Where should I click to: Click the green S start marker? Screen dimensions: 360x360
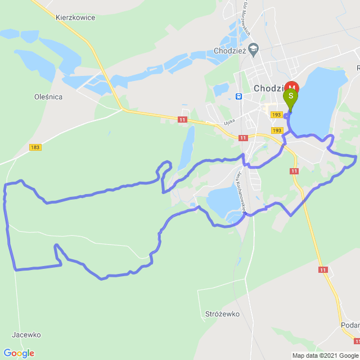pyautogui.click(x=291, y=96)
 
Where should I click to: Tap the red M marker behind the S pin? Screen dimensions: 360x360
pyautogui.click(x=291, y=87)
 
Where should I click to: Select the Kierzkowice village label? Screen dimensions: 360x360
pyautogui.click(x=75, y=17)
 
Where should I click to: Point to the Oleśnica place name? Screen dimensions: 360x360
pyautogui.click(x=48, y=97)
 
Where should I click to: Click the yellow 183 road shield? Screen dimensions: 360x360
pyautogui.click(x=35, y=147)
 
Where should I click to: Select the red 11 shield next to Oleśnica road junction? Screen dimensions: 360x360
pyautogui.click(x=182, y=120)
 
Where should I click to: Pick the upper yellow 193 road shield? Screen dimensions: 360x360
pyautogui.click(x=276, y=115)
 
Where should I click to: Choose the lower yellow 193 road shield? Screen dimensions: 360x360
pyautogui.click(x=276, y=130)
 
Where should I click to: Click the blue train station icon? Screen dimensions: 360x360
pyautogui.click(x=239, y=96)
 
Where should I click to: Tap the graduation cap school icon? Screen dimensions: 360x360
pyautogui.click(x=254, y=49)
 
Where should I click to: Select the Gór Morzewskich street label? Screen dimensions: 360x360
pyautogui.click(x=247, y=20)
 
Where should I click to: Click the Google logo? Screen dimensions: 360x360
pyautogui.click(x=19, y=353)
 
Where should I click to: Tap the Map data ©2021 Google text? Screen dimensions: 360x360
pyautogui.click(x=325, y=355)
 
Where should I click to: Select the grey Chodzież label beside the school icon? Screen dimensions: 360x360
pyautogui.click(x=230, y=51)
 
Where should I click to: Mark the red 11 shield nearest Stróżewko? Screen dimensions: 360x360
pyautogui.click(x=322, y=270)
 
